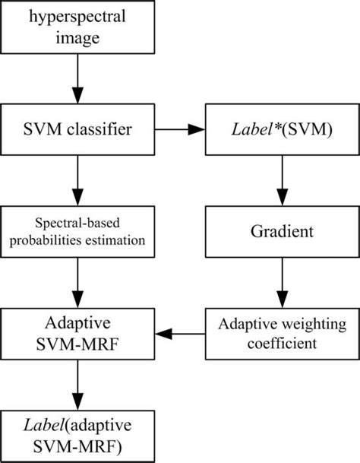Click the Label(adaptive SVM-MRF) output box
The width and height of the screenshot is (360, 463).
click(76, 431)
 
